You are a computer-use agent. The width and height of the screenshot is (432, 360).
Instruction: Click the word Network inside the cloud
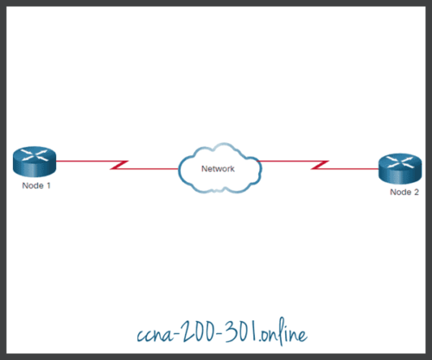pos(218,169)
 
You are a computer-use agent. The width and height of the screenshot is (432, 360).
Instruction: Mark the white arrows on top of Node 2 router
pos(398,161)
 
